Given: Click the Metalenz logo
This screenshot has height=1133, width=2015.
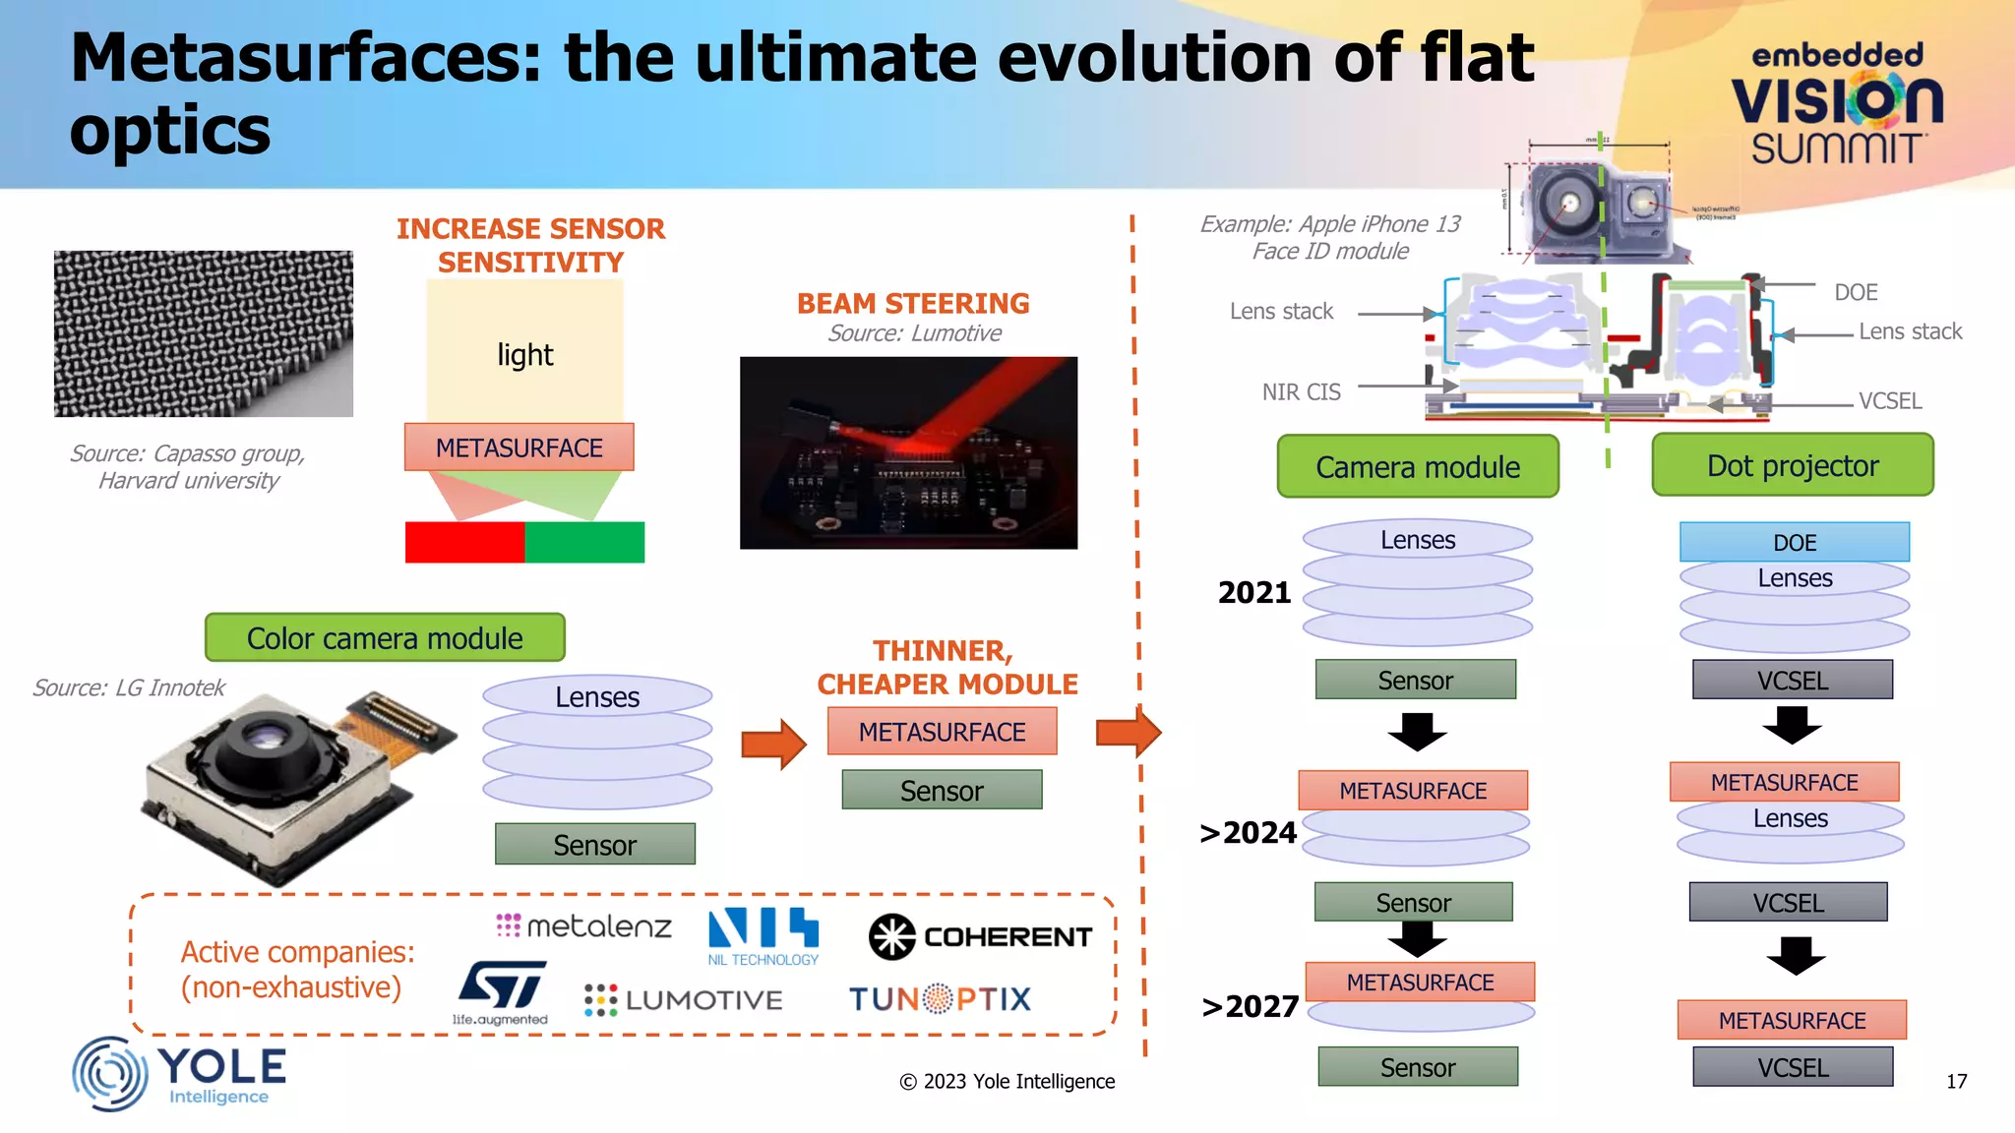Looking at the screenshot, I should coord(584,925).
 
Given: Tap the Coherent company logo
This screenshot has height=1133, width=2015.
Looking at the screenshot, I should coord(980,936).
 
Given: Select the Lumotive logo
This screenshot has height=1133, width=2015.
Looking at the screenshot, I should coord(684,1000).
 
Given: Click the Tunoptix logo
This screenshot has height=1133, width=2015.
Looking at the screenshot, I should coord(940,999).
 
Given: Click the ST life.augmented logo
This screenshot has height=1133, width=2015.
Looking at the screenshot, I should coord(502,992).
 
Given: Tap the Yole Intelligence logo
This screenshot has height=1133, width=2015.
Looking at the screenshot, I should coord(180,1074).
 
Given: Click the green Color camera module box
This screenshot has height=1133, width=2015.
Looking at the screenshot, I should coord(385,638).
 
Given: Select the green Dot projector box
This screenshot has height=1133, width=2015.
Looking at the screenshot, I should coord(1792,466).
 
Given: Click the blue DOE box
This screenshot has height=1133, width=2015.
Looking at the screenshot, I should coord(1794,542).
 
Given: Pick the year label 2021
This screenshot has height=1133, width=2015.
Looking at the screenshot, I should coord(1253,592).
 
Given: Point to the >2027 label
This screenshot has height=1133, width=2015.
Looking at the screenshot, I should coord(1250,1006).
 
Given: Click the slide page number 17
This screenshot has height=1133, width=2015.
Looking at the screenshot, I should coord(1956,1082).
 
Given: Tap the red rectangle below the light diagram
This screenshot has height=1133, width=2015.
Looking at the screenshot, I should coord(464,543).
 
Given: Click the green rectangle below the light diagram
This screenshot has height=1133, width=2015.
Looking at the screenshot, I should coord(584,543).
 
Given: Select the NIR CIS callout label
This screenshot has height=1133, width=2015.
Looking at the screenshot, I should coord(1301,392).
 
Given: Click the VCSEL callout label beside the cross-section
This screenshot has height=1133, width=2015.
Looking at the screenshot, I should coord(1889,401).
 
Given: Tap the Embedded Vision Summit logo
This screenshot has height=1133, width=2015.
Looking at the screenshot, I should coord(1836,103).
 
